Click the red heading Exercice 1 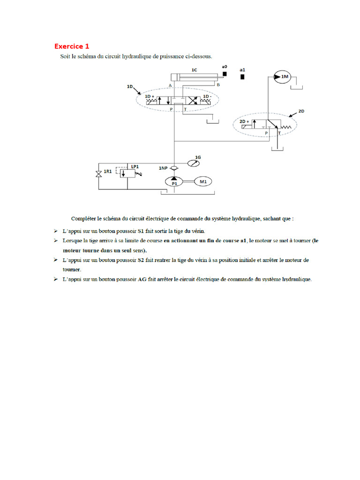click(72, 46)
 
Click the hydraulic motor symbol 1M click(283, 77)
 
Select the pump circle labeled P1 click(174, 181)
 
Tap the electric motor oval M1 click(202, 181)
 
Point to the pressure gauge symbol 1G click(193, 163)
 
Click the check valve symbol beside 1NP click(174, 168)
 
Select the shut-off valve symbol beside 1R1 click(98, 174)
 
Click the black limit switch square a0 click(225, 74)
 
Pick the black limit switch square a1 click(242, 77)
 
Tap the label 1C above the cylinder click(194, 69)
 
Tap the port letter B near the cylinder click(218, 85)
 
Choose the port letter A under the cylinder click(170, 85)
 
